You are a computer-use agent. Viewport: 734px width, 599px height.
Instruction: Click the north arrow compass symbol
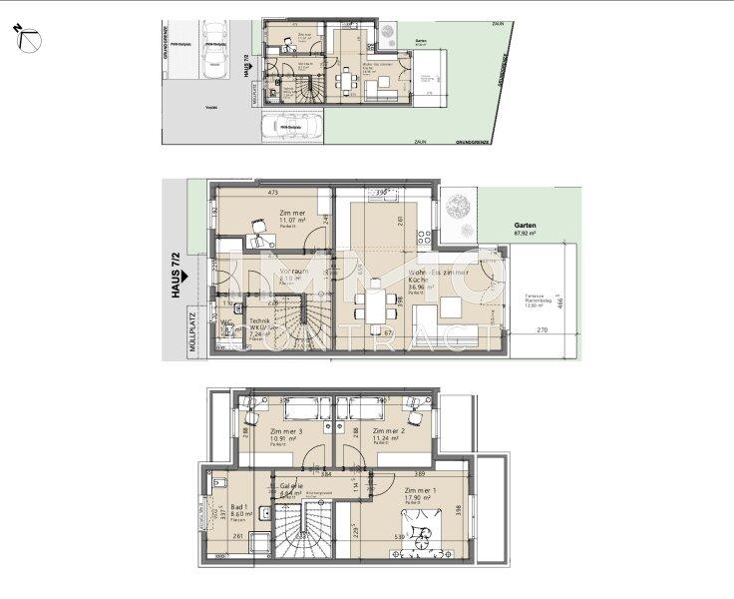click(x=27, y=38)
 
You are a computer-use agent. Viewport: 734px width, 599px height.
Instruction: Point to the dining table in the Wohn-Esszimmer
click(x=376, y=303)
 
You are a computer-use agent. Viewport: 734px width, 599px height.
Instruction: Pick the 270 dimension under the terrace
click(x=542, y=330)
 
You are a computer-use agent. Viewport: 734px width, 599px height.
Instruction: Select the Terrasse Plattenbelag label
click(x=541, y=301)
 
